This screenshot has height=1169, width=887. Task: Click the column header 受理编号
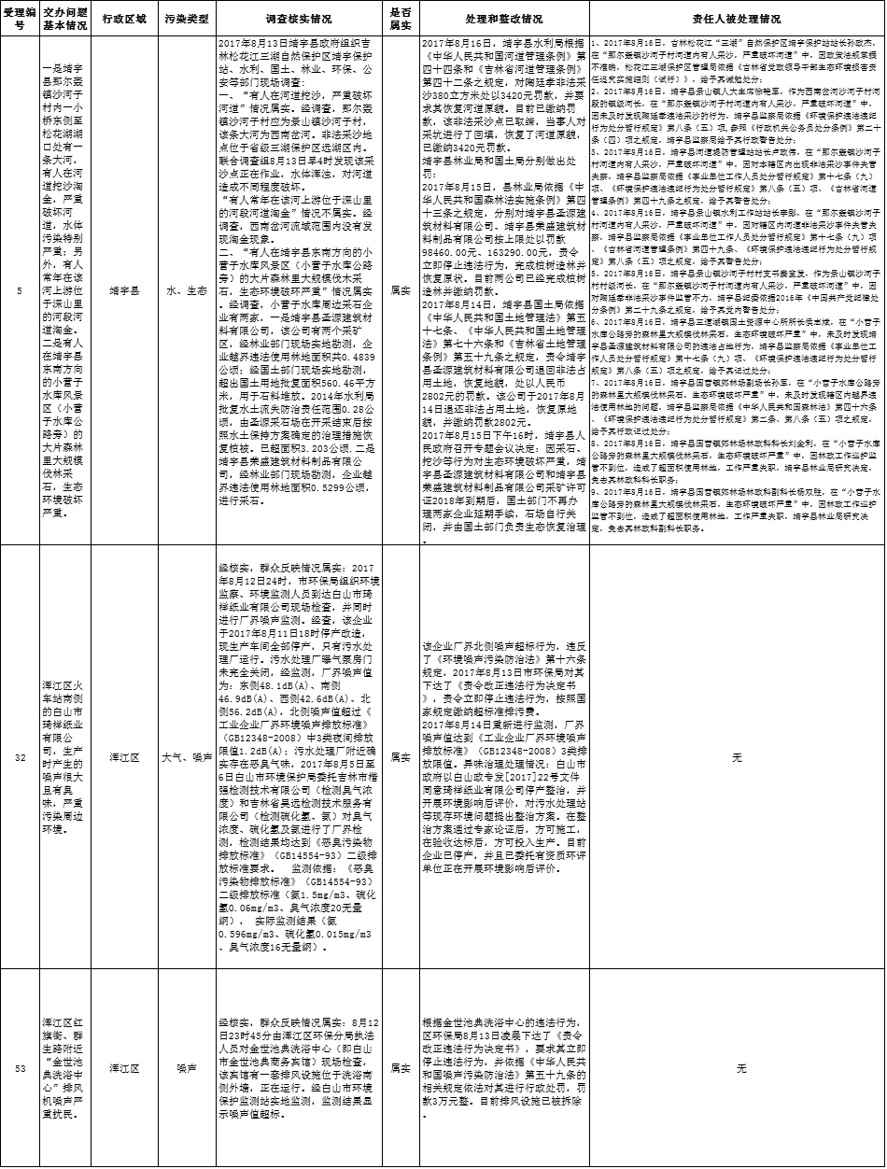21,18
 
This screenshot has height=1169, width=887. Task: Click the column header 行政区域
124,18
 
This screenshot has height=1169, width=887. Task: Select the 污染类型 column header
187,18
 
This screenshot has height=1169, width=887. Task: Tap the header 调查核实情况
299,18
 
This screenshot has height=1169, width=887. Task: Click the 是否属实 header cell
400,18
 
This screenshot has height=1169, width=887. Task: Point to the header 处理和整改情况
502,18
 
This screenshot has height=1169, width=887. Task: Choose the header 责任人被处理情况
737,18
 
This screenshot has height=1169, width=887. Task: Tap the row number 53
21,1067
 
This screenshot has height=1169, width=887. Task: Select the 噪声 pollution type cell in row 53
187,1067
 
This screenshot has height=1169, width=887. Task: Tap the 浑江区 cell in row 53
124,1067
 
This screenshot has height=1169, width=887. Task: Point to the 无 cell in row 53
737,1067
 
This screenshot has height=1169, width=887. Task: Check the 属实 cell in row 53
400,1067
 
